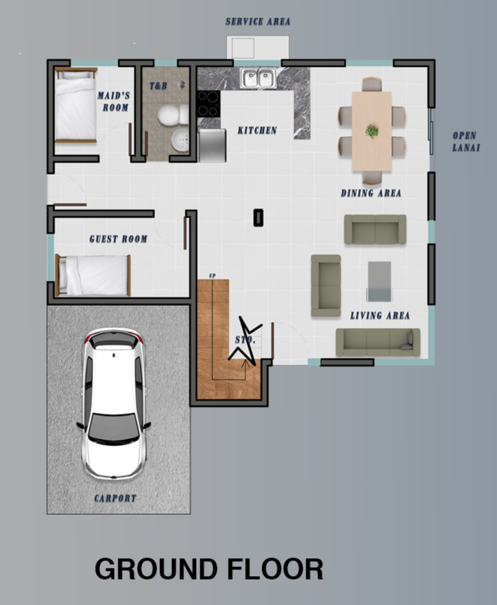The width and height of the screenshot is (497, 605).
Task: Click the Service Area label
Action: pos(258,21)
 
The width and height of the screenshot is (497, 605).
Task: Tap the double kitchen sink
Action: pos(259,78)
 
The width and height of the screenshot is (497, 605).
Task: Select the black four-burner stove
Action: pos(208,104)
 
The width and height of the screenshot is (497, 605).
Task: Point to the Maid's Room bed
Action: pos(76,105)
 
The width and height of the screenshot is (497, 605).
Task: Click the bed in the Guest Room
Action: pos(93,275)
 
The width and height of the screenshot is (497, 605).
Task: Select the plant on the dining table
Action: pos(371,131)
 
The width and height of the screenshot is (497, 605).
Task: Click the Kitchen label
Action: pos(257,131)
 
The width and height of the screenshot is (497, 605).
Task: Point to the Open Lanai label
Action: pos(466,141)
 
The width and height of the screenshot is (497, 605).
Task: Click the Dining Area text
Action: pos(371,193)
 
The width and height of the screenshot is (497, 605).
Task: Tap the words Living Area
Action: pos(380,315)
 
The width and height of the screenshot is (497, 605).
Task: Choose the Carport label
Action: pos(115,498)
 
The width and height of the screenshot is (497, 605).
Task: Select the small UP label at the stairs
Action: pos(212,276)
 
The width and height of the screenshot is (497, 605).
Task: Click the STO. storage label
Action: pos(245,340)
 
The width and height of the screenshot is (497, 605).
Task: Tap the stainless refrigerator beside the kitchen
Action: pos(212,146)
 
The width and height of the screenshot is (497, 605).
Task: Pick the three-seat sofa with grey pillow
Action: pos(378,343)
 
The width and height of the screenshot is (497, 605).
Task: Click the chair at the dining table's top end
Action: pos(371,85)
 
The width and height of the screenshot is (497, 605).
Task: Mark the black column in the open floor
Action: pos(258,218)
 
